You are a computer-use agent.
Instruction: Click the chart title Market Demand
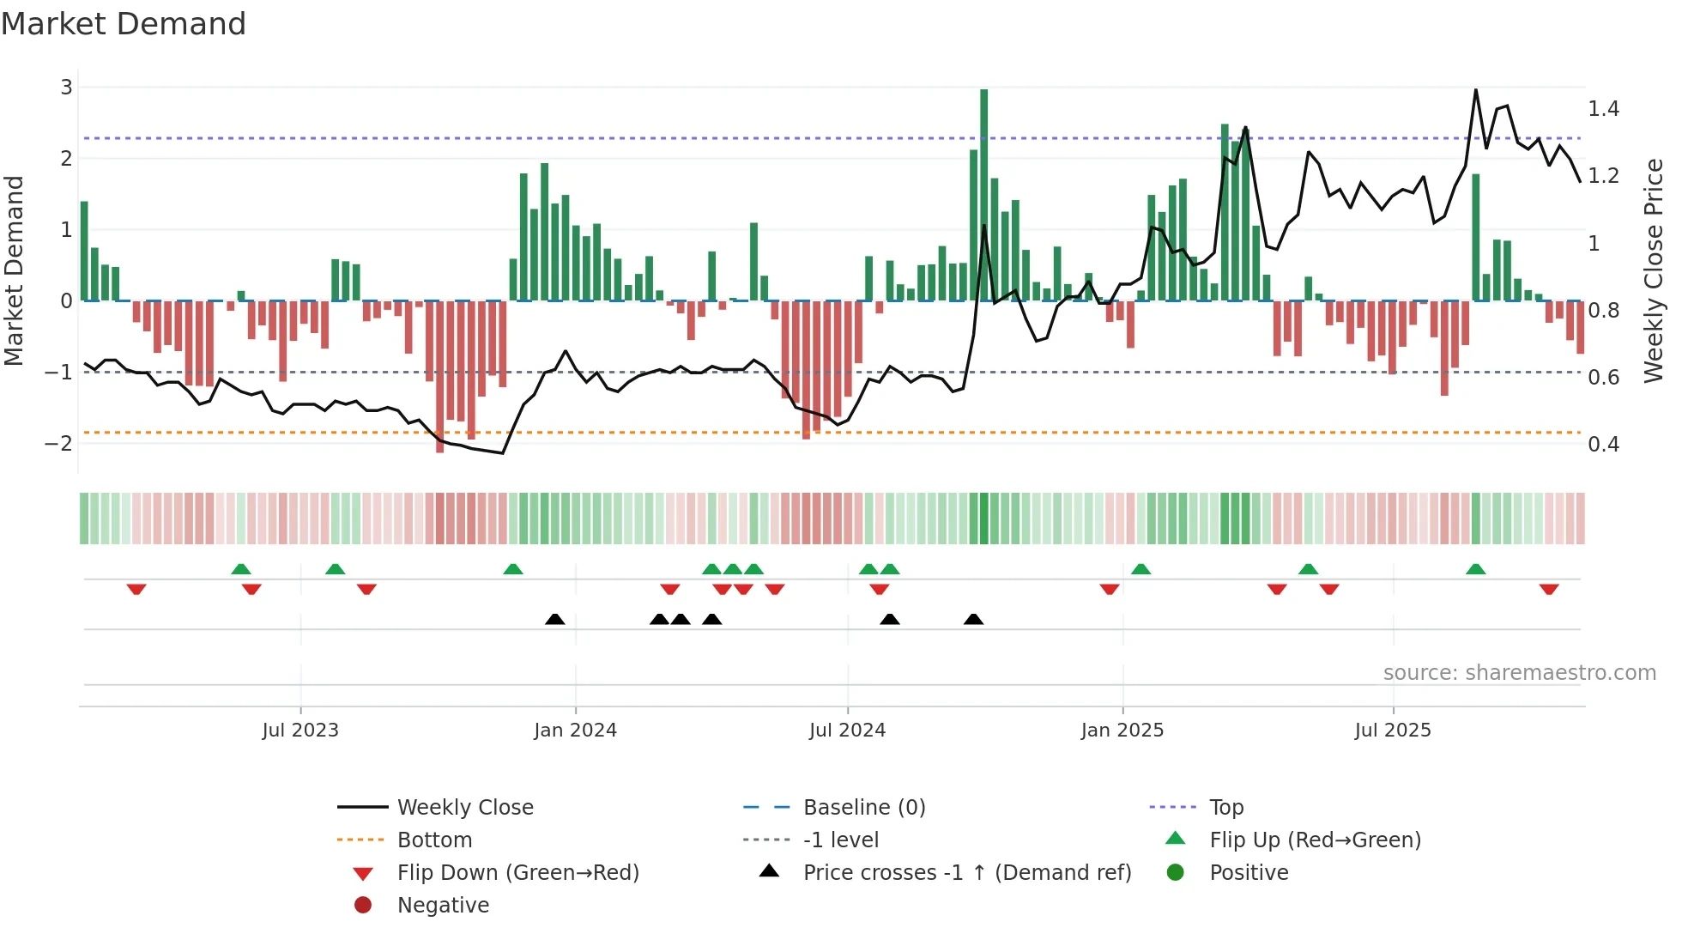[124, 24]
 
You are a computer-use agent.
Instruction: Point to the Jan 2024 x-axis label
[575, 731]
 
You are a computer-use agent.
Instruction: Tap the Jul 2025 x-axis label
[1393, 731]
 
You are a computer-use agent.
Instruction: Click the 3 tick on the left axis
[66, 87]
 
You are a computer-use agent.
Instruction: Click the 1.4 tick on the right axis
[1603, 109]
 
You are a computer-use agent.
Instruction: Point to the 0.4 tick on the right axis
[1603, 445]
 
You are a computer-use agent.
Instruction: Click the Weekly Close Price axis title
[1654, 270]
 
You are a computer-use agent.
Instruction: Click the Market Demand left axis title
[15, 270]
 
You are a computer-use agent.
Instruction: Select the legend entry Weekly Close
[464, 808]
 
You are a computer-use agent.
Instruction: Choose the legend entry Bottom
[434, 840]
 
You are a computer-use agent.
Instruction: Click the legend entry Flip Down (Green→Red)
[517, 873]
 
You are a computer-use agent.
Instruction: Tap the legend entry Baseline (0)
[863, 808]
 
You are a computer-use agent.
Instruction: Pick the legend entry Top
[1226, 808]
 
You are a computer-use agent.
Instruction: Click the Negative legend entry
[443, 906]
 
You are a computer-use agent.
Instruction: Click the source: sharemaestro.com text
[1519, 673]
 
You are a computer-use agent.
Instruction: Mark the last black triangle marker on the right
[973, 620]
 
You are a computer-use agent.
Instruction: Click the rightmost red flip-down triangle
[1548, 589]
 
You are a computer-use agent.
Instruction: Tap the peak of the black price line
[1475, 90]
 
